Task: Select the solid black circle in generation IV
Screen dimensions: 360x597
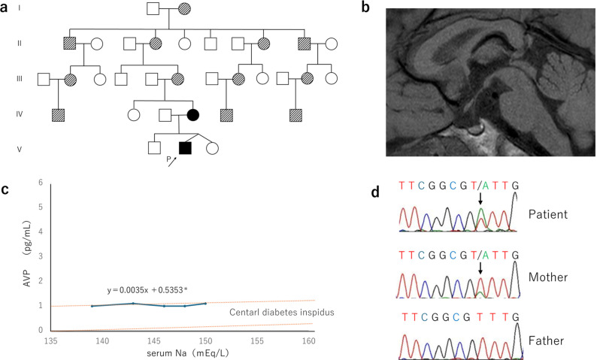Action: (x=192, y=115)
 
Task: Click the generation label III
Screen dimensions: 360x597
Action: (x=22, y=77)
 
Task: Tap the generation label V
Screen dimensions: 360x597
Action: (x=22, y=147)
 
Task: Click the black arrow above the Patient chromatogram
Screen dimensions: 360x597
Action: (x=480, y=198)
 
